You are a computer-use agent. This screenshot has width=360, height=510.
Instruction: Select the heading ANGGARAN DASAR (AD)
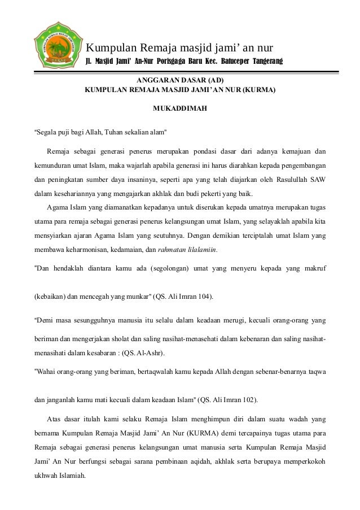click(x=180, y=80)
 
